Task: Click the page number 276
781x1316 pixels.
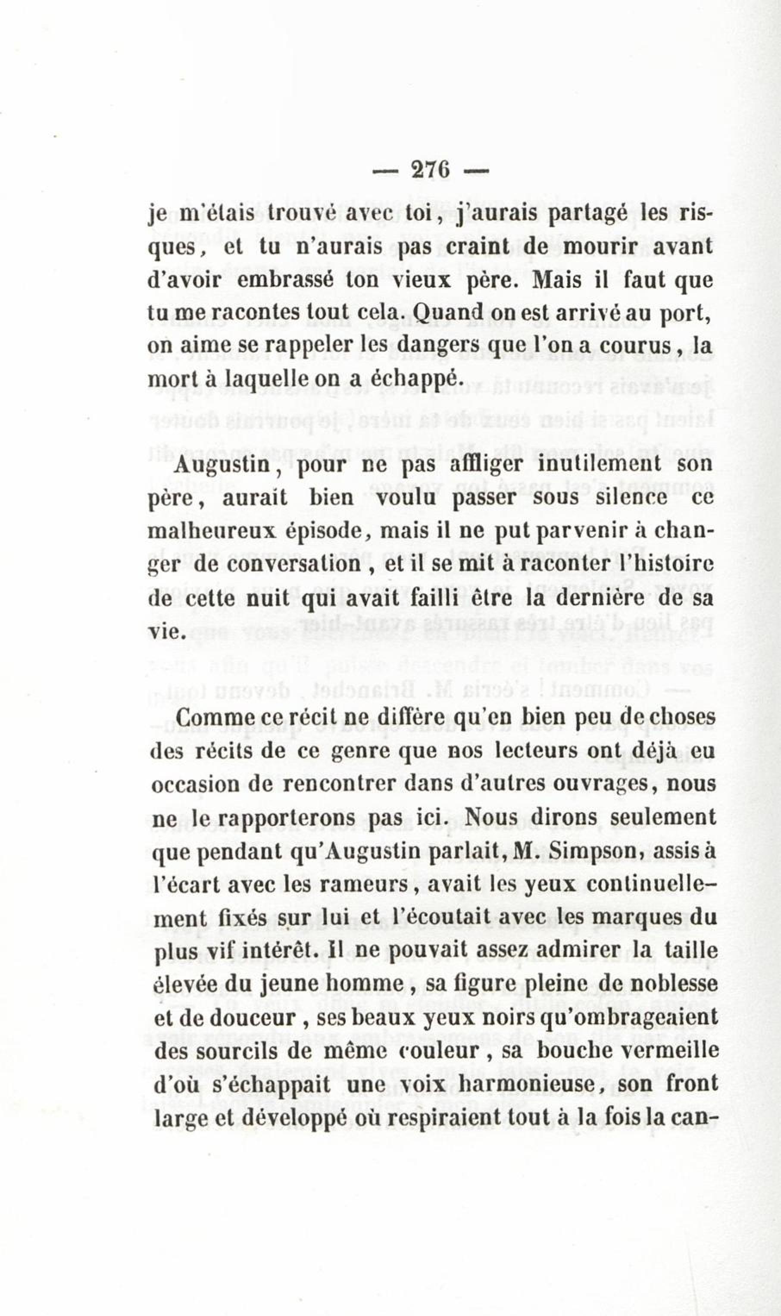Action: [x=431, y=170]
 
